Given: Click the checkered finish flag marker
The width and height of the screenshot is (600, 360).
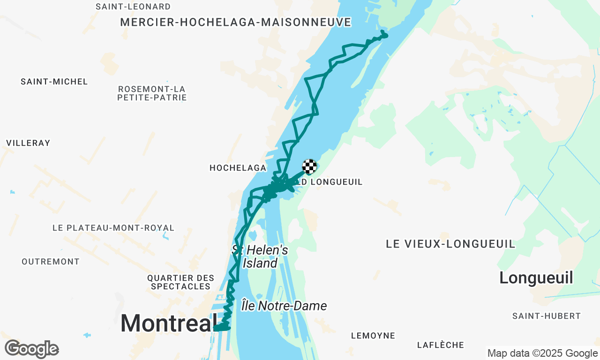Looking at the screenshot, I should click(x=309, y=166).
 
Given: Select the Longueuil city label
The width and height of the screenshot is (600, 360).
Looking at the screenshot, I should click(x=536, y=278).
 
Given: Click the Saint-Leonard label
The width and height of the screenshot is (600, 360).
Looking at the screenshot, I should click(x=133, y=7).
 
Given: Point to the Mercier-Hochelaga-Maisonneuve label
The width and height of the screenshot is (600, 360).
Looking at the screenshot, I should click(x=236, y=22).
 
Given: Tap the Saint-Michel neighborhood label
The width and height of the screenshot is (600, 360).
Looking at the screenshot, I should click(x=54, y=82).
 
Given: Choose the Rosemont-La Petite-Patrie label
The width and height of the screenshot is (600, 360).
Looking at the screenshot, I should click(x=152, y=93).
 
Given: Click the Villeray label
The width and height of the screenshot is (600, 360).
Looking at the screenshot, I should click(x=28, y=143).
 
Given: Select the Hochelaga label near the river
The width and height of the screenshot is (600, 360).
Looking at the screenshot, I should click(x=238, y=168).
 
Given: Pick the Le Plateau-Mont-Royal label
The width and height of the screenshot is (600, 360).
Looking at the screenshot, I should click(x=113, y=228).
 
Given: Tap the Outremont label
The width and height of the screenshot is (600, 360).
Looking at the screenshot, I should click(x=51, y=262).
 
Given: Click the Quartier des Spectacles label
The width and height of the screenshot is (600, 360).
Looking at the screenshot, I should click(x=181, y=282).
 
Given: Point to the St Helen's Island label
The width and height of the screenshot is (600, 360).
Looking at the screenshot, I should click(x=260, y=256).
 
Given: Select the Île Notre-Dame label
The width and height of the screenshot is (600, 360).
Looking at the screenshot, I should click(x=284, y=306).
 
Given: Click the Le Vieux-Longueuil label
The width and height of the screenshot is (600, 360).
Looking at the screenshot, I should click(x=450, y=244).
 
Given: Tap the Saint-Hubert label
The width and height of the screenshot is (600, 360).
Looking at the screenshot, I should click(x=546, y=316).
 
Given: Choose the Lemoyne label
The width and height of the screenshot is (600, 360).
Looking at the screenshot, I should click(x=373, y=336).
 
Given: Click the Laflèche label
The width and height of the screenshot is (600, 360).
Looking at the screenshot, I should click(x=440, y=345).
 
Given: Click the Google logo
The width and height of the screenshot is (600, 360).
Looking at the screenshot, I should click(x=31, y=349).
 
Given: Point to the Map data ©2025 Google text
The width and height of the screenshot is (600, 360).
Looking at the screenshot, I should click(x=542, y=353).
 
